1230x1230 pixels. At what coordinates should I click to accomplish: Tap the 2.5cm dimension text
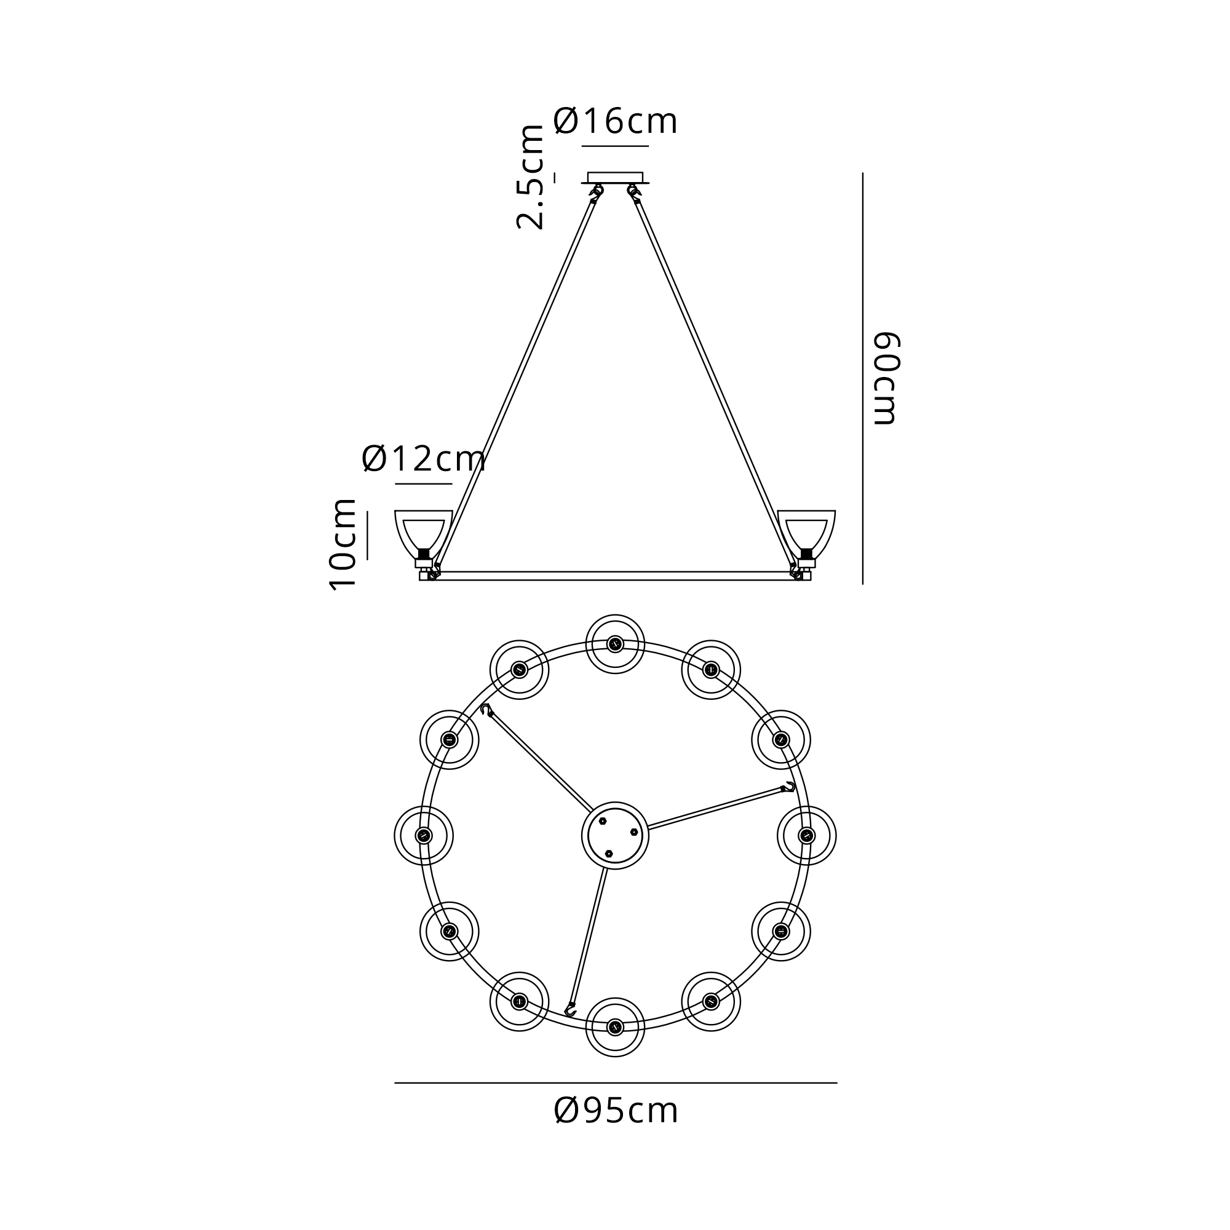[530, 177]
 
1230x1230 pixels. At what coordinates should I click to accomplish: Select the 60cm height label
[885, 378]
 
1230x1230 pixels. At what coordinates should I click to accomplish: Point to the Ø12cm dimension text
[423, 458]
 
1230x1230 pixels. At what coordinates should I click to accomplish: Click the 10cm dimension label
[343, 545]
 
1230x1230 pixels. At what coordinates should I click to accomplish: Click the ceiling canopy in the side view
[615, 178]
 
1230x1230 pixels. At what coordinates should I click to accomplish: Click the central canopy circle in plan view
[615, 835]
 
